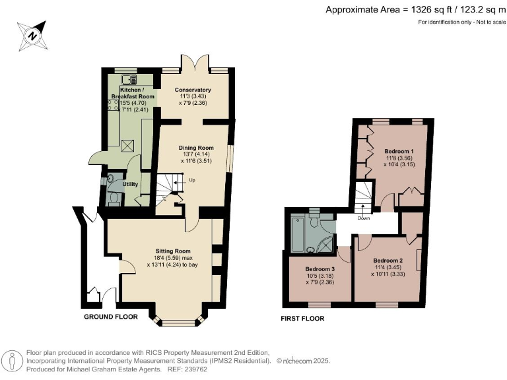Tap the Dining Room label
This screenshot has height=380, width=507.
coord(197,148)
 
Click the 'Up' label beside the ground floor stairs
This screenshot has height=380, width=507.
coord(192,179)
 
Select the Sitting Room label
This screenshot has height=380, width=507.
coord(173,251)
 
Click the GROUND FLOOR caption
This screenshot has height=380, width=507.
coord(110,317)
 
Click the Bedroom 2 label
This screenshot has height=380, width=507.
coord(388,260)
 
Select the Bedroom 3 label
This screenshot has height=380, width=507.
coord(320,269)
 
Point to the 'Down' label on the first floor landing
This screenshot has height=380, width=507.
coord(363,218)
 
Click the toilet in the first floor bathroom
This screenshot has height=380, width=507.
coord(314,215)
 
